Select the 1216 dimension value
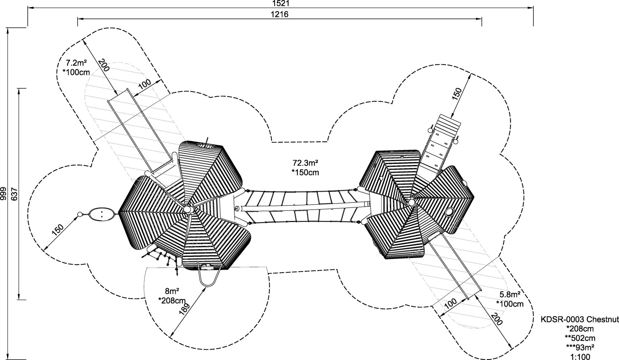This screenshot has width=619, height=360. [x=279, y=14]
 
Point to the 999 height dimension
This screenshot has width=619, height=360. [x=3, y=193]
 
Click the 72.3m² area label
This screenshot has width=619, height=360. [x=305, y=163]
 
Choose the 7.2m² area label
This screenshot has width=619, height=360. [x=76, y=63]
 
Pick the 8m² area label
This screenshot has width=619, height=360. [x=172, y=291]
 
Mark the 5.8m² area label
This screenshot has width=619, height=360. [x=510, y=294]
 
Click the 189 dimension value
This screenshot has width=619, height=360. [x=184, y=309]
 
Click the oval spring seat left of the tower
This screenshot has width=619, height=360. [x=102, y=214]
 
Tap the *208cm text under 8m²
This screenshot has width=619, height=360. [x=172, y=300]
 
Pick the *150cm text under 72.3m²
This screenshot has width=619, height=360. [x=305, y=172]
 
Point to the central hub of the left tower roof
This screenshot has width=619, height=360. [x=188, y=209]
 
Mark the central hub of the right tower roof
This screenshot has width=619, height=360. [x=412, y=202]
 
